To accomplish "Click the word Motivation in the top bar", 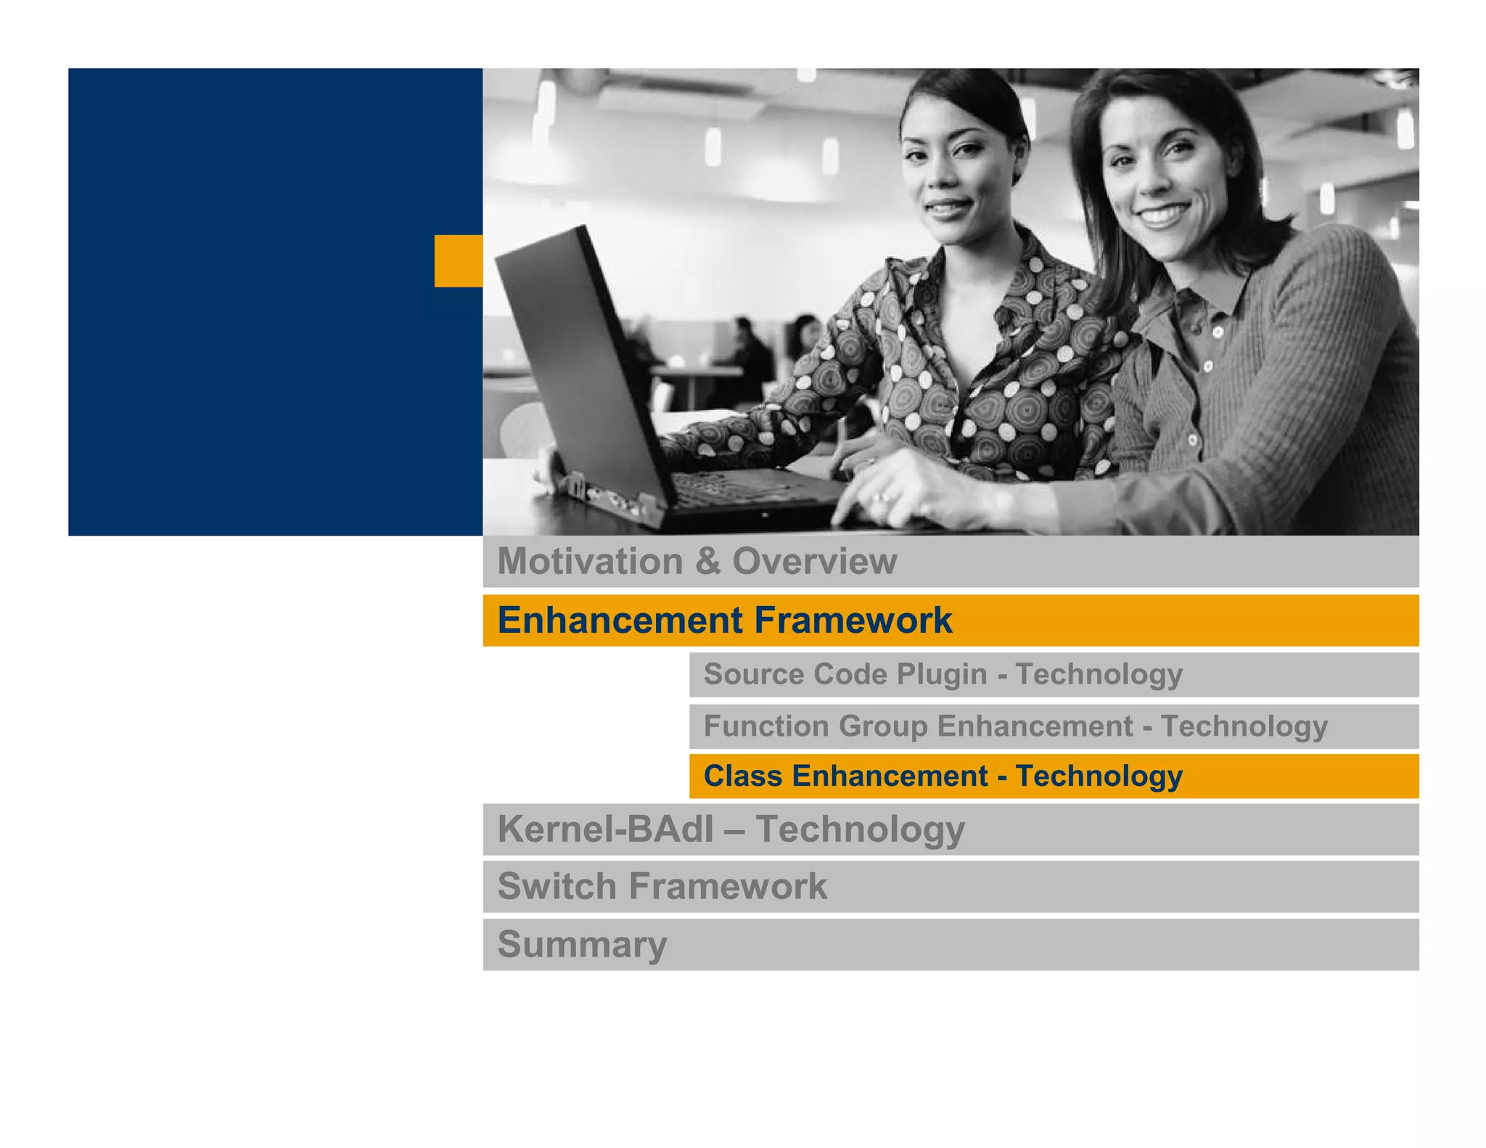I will (x=590, y=562).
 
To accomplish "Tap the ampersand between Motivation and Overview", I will (x=707, y=562).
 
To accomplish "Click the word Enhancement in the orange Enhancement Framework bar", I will (x=620, y=621).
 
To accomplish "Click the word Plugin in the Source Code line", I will (x=941, y=674).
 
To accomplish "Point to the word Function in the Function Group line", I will (x=765, y=726).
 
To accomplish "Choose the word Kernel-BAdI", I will (x=605, y=829).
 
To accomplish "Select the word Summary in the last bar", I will (x=582, y=945).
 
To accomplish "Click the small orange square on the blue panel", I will (x=458, y=261).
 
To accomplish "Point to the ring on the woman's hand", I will (x=879, y=497).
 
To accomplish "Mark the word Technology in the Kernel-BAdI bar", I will (x=860, y=829).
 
